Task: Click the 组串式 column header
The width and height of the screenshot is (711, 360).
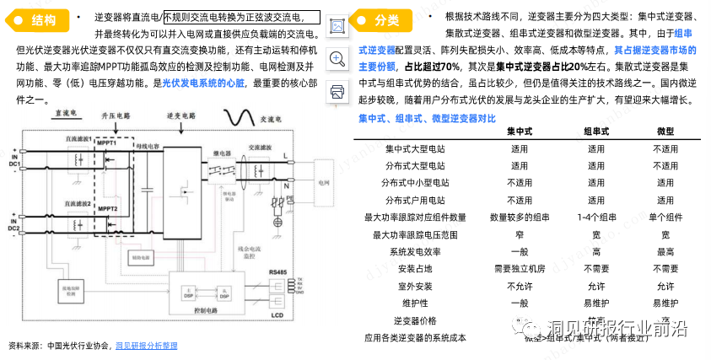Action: [x=595, y=132]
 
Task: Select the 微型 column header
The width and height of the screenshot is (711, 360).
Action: [x=665, y=132]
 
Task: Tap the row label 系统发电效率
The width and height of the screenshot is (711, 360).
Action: [x=414, y=251]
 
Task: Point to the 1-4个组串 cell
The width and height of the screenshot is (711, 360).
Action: [x=595, y=217]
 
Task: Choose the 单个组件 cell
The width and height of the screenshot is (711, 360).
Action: [x=665, y=217]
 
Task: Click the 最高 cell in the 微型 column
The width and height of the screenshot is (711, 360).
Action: [x=665, y=251]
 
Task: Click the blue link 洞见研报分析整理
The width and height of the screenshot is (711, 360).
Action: [x=146, y=346]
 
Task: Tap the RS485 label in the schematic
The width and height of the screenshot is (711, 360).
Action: [x=279, y=271]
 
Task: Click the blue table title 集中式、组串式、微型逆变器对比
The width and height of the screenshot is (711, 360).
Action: [x=427, y=117]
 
